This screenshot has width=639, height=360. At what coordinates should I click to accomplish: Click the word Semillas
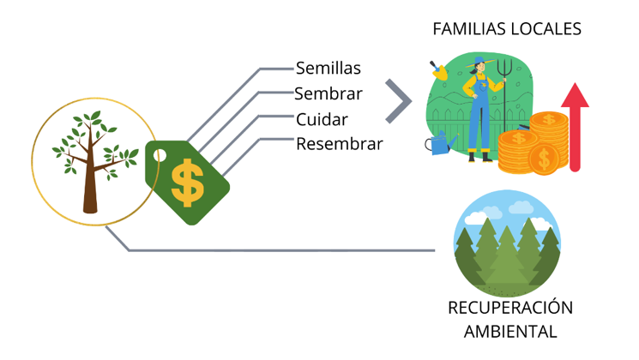pyautogui.click(x=329, y=68)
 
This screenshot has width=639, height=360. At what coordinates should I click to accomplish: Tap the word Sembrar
pyautogui.click(x=329, y=93)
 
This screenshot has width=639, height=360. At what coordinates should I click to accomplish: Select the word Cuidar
pyautogui.click(x=322, y=119)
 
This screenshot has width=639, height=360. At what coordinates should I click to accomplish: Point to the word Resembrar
pyautogui.click(x=340, y=144)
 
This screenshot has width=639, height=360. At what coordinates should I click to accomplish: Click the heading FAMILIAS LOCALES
pyautogui.click(x=507, y=28)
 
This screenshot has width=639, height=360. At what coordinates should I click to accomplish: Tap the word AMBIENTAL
pyautogui.click(x=510, y=331)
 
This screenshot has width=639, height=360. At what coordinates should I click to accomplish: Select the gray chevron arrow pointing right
pyautogui.click(x=395, y=101)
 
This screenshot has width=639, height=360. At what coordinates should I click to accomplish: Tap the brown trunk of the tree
pyautogui.click(x=90, y=189)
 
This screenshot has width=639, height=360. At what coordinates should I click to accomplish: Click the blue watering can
pyautogui.click(x=441, y=145)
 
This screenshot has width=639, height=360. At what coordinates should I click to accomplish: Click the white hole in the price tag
pyautogui.click(x=159, y=156)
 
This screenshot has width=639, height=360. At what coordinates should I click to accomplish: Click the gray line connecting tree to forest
pyautogui.click(x=283, y=250)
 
